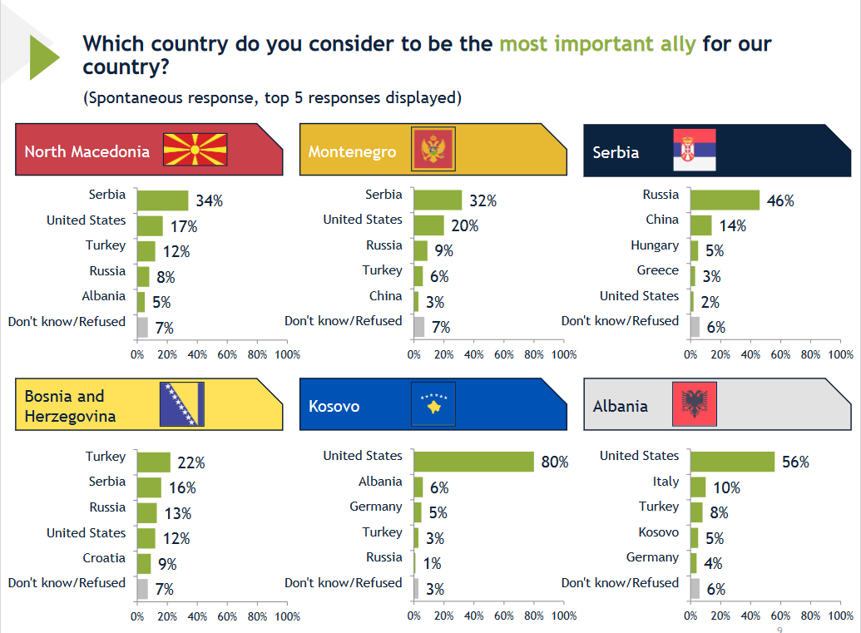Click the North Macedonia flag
click(x=195, y=151)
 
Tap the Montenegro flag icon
click(x=433, y=151)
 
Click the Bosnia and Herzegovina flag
click(x=182, y=405)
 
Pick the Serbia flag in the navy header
click(x=694, y=151)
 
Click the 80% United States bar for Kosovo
click(x=473, y=462)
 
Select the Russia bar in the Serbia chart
click(x=725, y=200)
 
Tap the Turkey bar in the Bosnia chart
click(x=153, y=462)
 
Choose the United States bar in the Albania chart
click(x=732, y=462)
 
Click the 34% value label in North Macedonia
click(x=209, y=200)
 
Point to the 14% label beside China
click(x=733, y=226)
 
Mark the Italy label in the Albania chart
click(x=666, y=482)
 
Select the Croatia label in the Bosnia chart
click(x=104, y=558)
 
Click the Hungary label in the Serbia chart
click(x=655, y=245)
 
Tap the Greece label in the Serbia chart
click(x=658, y=270)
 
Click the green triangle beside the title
click(x=43, y=57)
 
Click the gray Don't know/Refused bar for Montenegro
click(x=418, y=327)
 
